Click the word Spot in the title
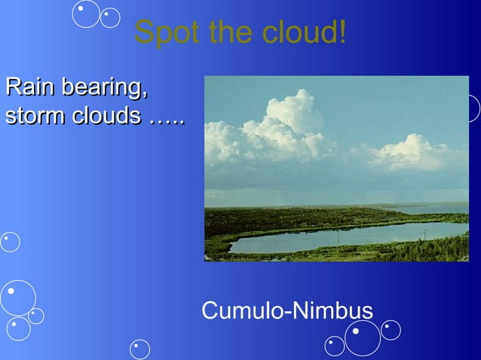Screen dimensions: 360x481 coord(160,33)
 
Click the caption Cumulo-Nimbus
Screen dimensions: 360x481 coord(287,310)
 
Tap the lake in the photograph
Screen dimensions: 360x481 coord(347,236)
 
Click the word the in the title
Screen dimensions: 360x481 coord(216,33)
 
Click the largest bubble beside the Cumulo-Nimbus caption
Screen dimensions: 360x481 coord(363,337)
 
